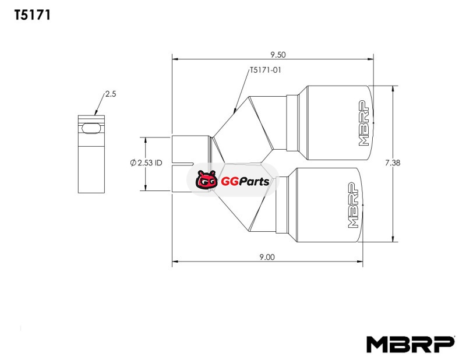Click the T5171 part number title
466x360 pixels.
pos(33,15)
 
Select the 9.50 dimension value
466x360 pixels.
pos(278,55)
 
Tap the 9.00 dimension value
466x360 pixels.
pos(267,257)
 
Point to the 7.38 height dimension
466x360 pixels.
pos(393,163)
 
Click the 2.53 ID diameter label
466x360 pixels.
pos(146,163)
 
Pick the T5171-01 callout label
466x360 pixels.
pos(266,70)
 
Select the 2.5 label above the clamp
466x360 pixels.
pos(111,94)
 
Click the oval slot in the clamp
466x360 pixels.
pos(91,128)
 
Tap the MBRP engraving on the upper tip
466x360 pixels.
pos(365,123)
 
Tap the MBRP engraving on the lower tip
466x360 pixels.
pos(353,205)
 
